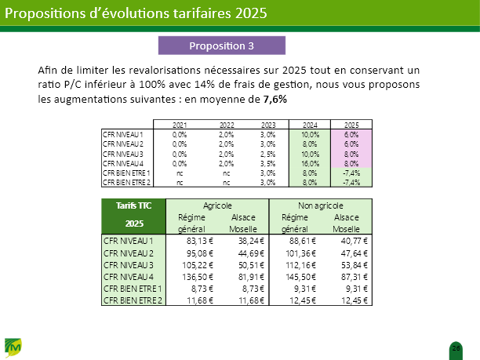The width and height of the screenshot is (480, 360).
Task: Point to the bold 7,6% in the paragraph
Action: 275,100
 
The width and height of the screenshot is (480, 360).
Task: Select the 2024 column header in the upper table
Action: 309,125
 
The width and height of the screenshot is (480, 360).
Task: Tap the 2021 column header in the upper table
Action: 180,125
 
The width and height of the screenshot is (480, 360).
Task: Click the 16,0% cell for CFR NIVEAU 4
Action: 309,163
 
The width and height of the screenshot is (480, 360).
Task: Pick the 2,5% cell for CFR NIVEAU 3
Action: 267,154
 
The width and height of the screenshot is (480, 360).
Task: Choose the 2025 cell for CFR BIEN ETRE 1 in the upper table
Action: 351,173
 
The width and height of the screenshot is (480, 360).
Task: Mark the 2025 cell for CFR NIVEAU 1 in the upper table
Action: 351,135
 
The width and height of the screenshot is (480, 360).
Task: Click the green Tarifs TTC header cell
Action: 134,205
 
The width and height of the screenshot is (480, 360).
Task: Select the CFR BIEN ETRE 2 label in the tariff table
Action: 133,300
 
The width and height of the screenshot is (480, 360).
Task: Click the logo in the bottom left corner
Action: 14,346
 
